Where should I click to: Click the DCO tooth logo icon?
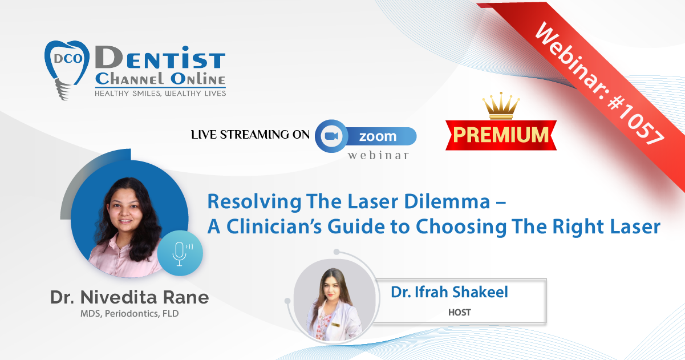point(67,70)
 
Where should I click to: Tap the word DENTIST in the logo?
point(160,58)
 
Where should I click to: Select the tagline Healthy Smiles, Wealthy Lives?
point(160,94)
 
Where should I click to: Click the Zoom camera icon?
point(331,136)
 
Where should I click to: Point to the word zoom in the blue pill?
point(378,136)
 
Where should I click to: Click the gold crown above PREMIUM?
point(501,106)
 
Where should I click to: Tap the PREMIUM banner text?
point(501,135)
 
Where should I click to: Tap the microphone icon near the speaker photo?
point(180,253)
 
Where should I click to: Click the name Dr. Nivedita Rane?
point(129,297)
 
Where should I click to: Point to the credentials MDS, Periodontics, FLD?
point(129,314)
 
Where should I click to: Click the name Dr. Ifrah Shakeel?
point(449,292)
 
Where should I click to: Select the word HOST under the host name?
point(459,312)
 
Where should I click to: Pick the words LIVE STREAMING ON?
point(250,135)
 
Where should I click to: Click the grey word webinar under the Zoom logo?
point(378,155)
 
